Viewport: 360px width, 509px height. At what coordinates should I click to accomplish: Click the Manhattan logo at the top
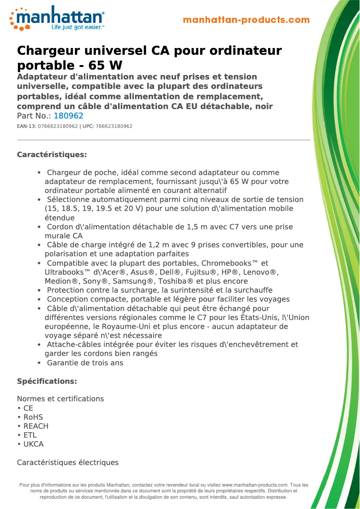click(x=57, y=18)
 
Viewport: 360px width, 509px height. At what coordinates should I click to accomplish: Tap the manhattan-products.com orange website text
click(x=246, y=20)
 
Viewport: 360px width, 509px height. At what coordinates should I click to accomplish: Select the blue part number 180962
click(x=69, y=116)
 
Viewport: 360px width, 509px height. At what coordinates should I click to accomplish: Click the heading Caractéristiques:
click(x=52, y=155)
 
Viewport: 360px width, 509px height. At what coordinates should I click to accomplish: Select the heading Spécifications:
click(x=47, y=382)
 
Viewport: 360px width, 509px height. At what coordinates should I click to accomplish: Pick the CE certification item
click(x=28, y=408)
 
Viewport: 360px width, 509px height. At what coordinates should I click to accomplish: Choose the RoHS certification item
click(x=33, y=417)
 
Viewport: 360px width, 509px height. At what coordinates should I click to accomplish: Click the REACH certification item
click(x=35, y=426)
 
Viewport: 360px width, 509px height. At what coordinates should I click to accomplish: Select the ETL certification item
click(x=30, y=435)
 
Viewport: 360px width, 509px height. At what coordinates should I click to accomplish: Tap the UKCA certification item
click(x=33, y=444)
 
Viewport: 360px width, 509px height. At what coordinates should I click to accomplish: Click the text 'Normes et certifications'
click(x=60, y=399)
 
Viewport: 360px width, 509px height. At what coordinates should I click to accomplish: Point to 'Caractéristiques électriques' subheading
click(x=67, y=462)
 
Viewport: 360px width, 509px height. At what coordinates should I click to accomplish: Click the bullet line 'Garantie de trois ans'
click(x=85, y=363)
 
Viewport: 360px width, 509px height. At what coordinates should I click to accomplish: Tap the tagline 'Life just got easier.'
click(x=77, y=27)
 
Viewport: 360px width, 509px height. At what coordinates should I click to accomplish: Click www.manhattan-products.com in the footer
click(x=255, y=485)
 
